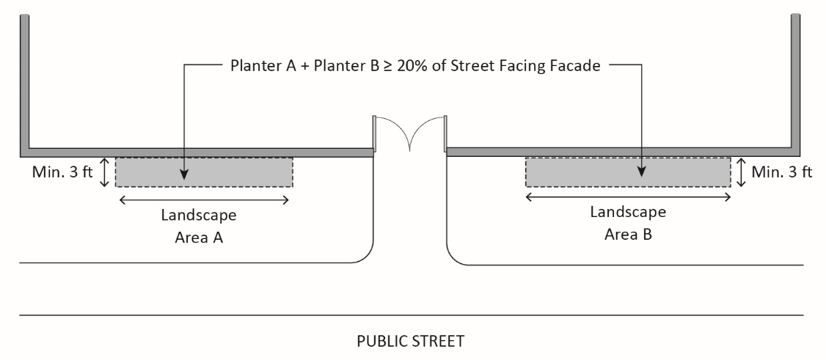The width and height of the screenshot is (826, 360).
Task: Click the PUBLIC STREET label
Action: click(x=410, y=341)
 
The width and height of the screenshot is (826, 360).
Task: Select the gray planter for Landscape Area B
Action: click(x=587, y=172)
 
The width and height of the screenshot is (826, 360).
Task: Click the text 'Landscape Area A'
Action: click(x=199, y=226)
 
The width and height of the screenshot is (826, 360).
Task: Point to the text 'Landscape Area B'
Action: click(x=629, y=224)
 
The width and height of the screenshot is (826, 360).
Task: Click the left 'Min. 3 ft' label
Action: click(x=62, y=173)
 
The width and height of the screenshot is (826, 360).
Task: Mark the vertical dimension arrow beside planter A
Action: click(x=105, y=172)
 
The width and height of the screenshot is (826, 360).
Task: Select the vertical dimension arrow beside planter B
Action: click(x=742, y=172)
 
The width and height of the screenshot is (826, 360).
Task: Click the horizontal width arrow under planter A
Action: click(x=204, y=199)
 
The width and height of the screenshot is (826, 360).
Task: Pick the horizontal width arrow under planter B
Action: click(x=629, y=196)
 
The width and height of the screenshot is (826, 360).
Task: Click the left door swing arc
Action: click(x=392, y=132)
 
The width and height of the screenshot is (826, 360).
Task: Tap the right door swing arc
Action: click(x=427, y=132)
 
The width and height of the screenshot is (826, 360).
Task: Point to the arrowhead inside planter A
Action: click(x=183, y=175)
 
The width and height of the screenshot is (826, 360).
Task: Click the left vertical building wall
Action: click(x=25, y=81)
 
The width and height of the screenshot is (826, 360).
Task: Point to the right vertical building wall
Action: click(x=795, y=81)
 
